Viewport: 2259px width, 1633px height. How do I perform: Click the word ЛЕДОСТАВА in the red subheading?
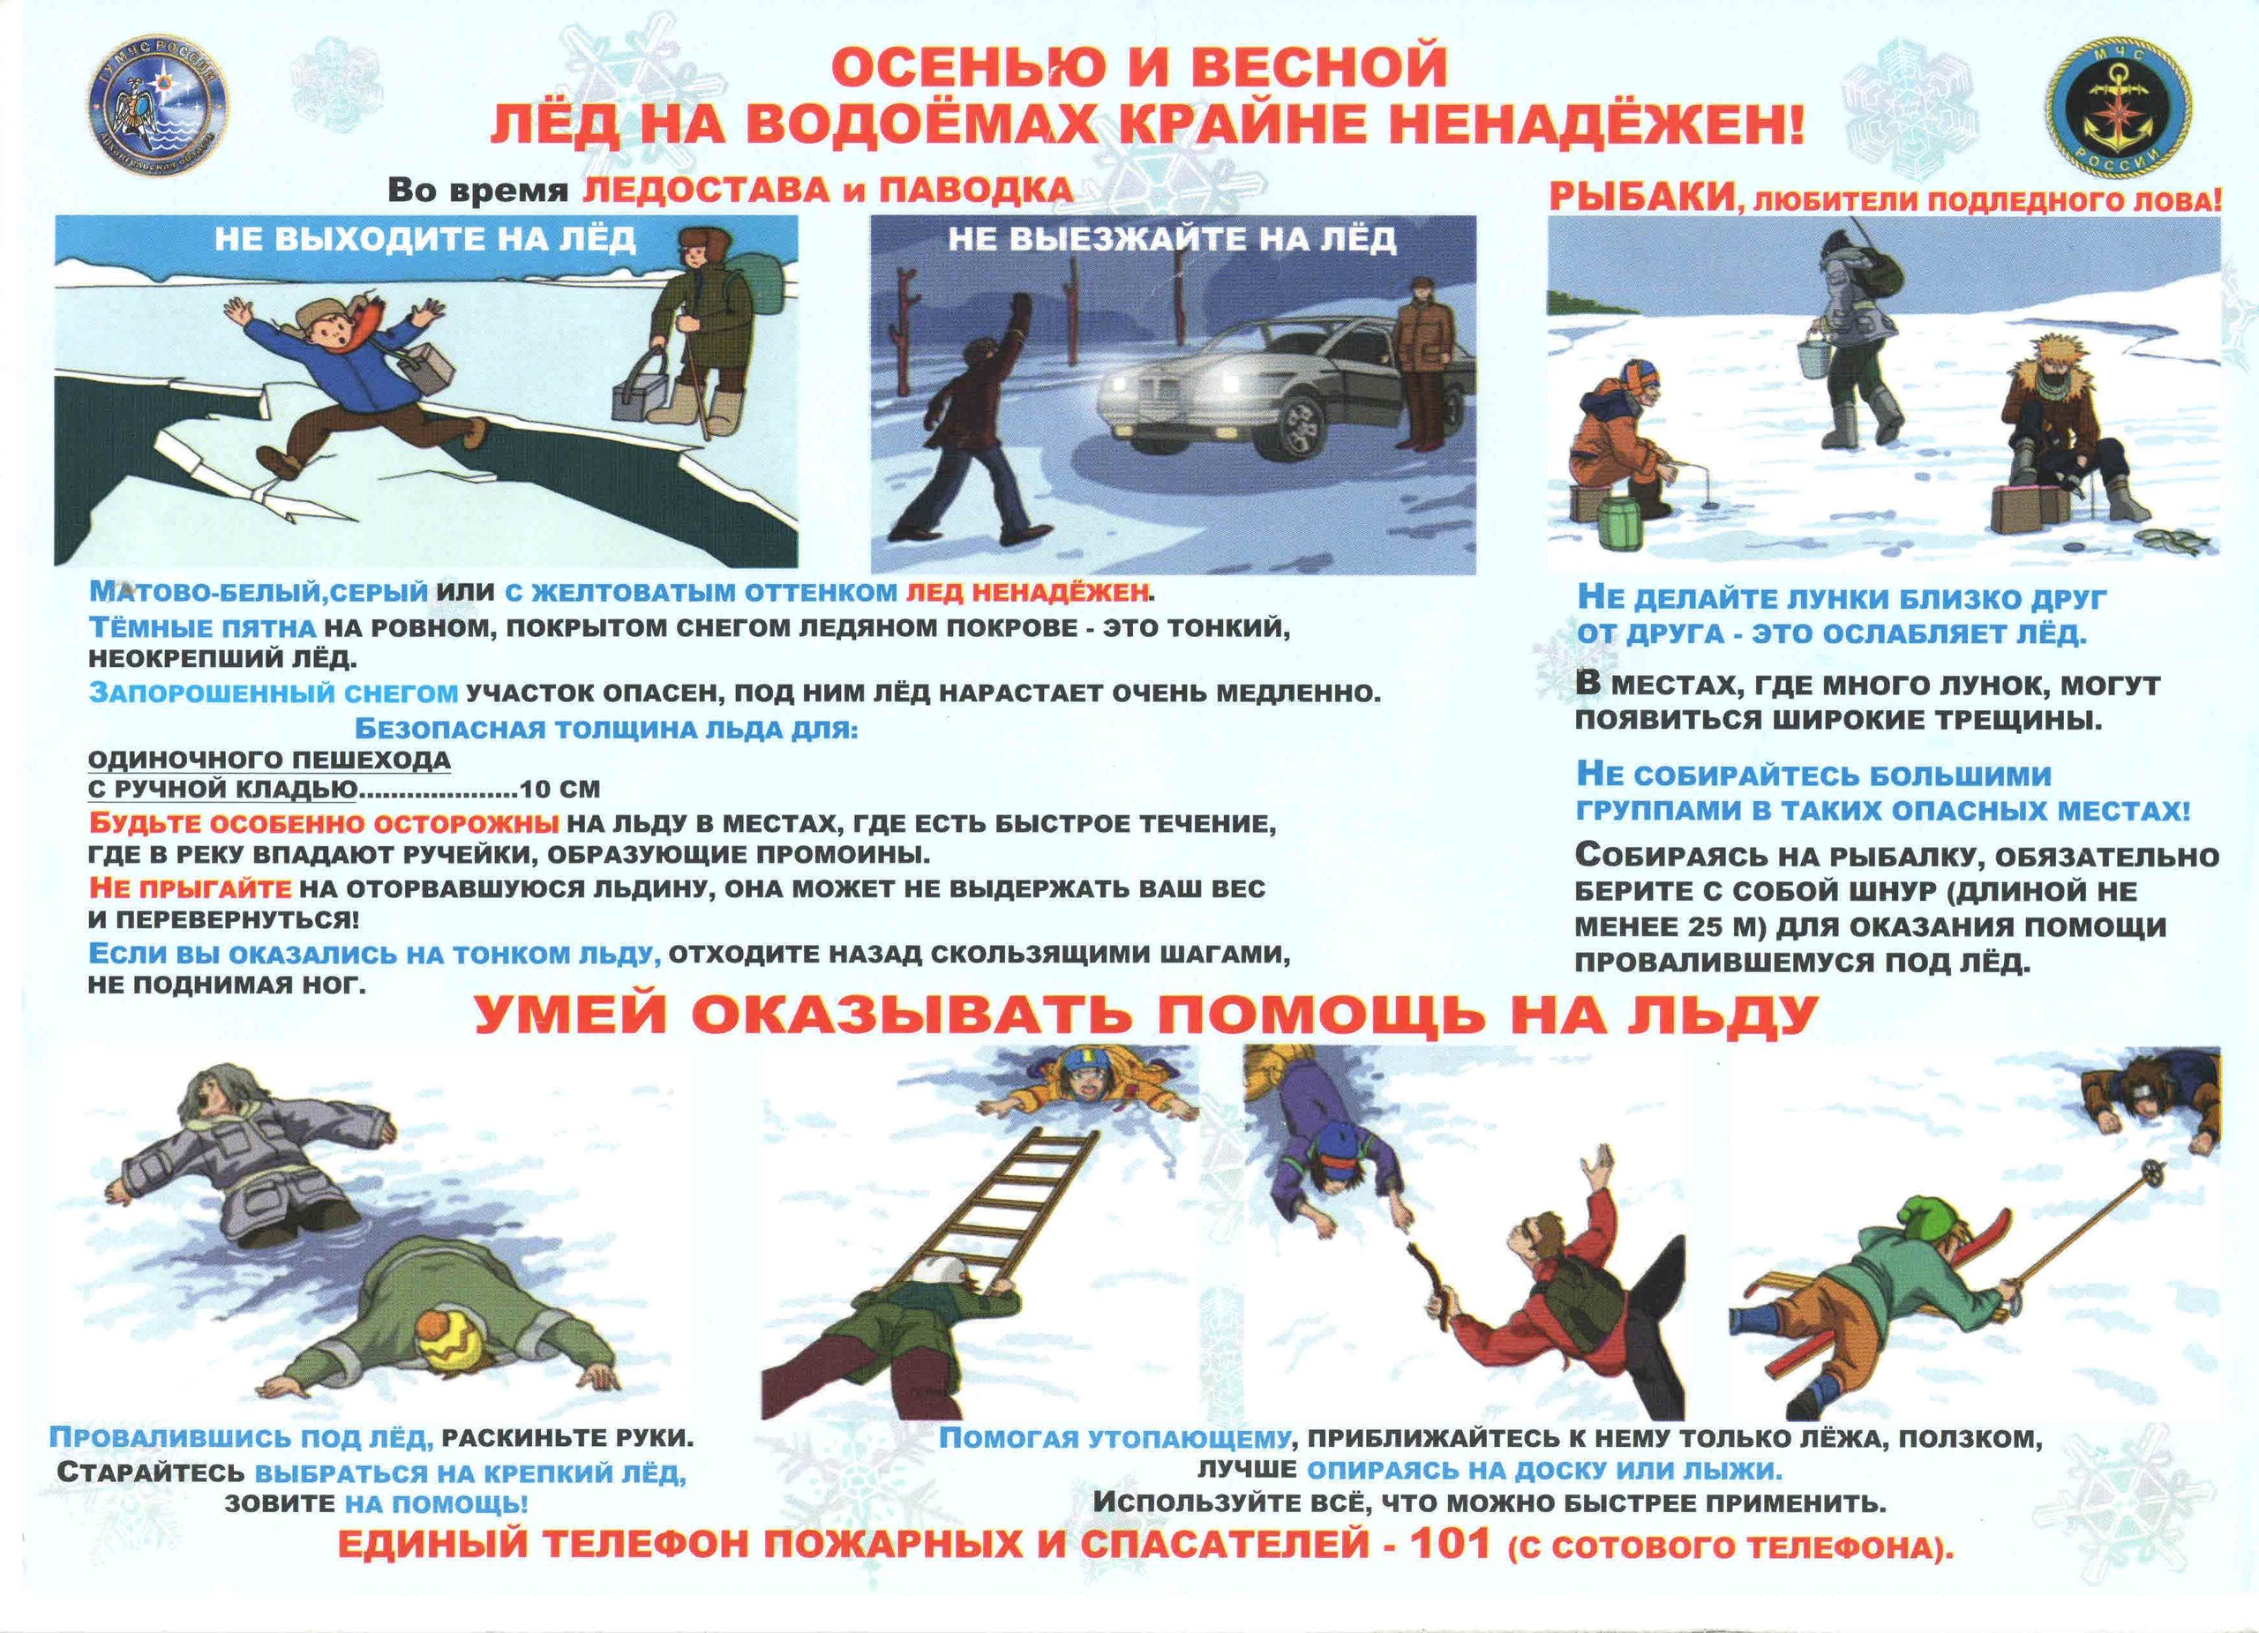coord(702,191)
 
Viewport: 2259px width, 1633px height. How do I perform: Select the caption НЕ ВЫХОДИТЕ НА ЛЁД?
coord(424,239)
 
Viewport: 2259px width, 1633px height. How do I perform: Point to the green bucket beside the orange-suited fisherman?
coord(1620,521)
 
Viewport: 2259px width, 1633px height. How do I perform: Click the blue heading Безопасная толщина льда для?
coord(605,728)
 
